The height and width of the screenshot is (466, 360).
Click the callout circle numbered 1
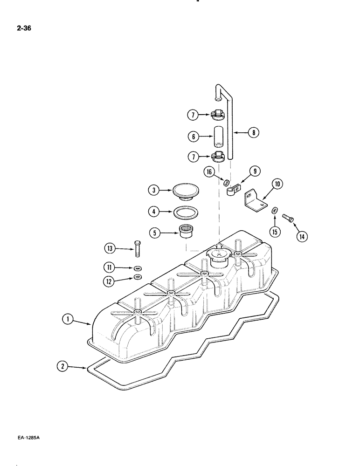point(68,319)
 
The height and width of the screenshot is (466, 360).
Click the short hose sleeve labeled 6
point(219,137)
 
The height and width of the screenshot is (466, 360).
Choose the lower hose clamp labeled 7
point(219,157)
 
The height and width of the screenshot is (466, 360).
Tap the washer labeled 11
point(137,268)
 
